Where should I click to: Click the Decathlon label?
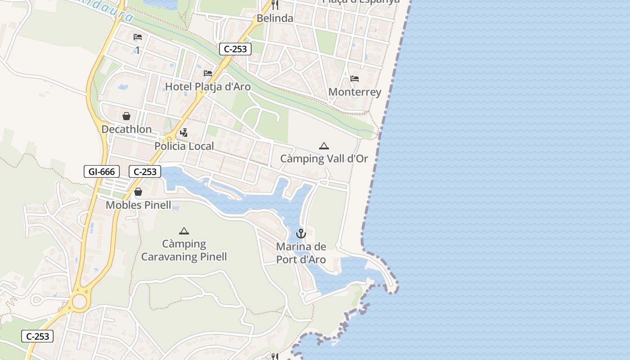point(126,130)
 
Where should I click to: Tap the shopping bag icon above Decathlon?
point(126,116)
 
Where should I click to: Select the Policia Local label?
point(184,146)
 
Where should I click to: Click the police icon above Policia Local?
point(184,133)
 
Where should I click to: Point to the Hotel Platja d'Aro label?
point(207,86)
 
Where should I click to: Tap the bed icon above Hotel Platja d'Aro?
point(208,73)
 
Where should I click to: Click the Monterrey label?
point(355,92)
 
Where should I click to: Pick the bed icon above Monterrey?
point(355,79)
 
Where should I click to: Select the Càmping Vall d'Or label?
point(324,159)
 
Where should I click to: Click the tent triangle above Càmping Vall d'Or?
point(324,146)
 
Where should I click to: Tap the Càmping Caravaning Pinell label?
point(184,250)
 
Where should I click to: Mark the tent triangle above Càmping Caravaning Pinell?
point(184,231)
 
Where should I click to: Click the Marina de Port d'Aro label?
point(301,253)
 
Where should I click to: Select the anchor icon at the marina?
point(301,234)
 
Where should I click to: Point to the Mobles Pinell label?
point(138,205)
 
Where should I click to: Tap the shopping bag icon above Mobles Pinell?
point(138,192)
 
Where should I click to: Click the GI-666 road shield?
point(102,171)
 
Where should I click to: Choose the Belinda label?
point(274,18)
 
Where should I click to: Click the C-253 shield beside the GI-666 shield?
point(145,171)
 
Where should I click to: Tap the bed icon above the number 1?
point(138,37)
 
